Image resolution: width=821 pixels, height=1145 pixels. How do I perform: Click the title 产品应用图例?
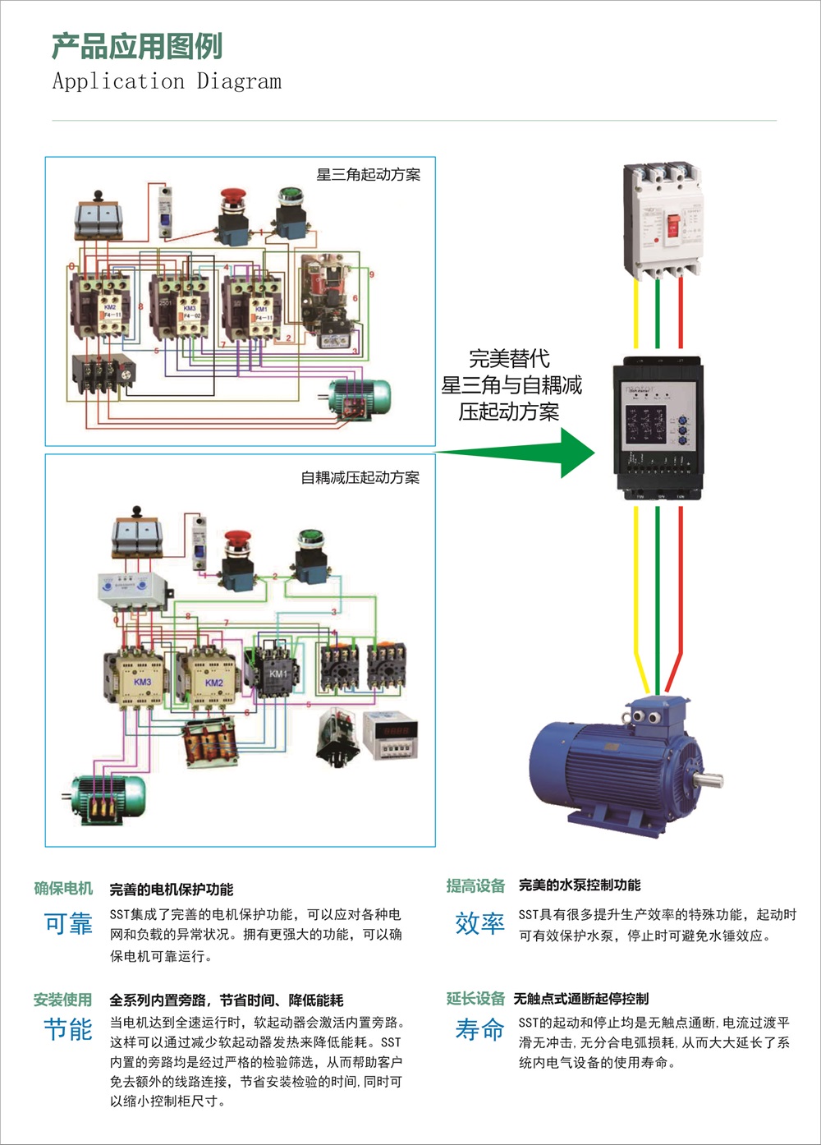(x=136, y=46)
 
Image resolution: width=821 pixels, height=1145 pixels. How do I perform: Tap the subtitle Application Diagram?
(x=167, y=81)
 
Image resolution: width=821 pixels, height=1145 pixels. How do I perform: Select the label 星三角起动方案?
(x=368, y=174)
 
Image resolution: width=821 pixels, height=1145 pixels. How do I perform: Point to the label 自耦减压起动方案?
(x=360, y=477)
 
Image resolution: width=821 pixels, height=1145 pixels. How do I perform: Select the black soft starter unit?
(x=658, y=427)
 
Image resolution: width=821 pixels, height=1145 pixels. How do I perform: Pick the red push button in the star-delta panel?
(x=233, y=197)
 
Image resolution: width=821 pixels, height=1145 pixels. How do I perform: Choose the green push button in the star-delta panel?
(x=290, y=197)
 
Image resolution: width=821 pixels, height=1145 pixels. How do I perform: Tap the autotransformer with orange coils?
(x=210, y=743)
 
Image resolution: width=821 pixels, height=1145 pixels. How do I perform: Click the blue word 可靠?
(x=68, y=924)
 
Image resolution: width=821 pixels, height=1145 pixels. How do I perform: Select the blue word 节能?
(x=68, y=1028)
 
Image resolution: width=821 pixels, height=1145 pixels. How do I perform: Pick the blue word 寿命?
(x=479, y=1028)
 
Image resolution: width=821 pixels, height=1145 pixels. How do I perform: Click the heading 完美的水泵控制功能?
(x=580, y=885)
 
